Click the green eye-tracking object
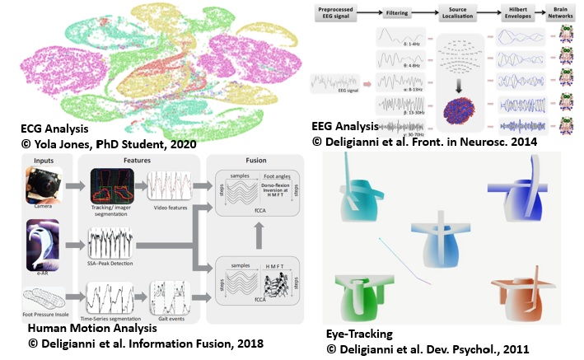click(359, 293)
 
